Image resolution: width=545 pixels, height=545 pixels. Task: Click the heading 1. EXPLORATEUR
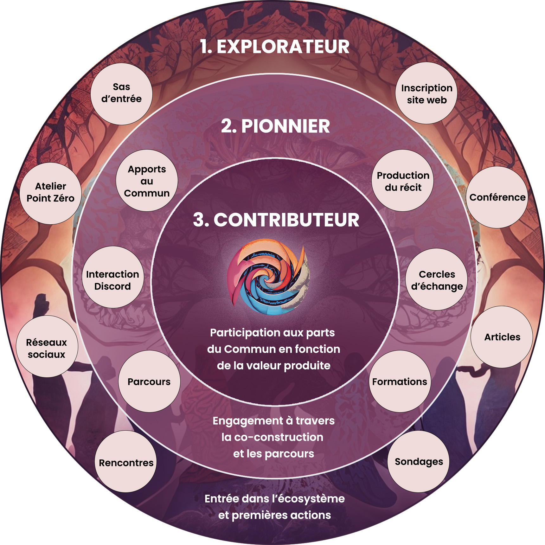(x=275, y=47)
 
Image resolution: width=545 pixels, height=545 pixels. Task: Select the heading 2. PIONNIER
(x=275, y=126)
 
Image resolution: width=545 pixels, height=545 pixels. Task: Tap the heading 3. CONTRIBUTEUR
(x=276, y=220)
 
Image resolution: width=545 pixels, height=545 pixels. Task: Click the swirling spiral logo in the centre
(x=268, y=277)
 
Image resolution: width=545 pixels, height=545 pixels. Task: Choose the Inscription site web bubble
(x=426, y=93)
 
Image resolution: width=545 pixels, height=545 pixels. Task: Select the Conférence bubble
(x=497, y=197)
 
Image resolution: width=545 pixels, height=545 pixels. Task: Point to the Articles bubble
(x=502, y=337)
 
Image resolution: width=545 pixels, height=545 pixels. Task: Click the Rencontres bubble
(x=126, y=462)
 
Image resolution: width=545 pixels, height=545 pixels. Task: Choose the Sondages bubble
(x=419, y=462)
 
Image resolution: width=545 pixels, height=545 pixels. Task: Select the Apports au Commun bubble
(x=147, y=181)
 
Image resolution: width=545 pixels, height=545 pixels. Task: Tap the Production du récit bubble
(x=403, y=181)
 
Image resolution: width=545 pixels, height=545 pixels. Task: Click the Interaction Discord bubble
(x=112, y=280)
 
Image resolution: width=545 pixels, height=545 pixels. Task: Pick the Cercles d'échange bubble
(x=437, y=280)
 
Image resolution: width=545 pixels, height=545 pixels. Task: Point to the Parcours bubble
(x=149, y=381)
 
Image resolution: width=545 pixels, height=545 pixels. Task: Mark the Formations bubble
(x=400, y=381)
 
